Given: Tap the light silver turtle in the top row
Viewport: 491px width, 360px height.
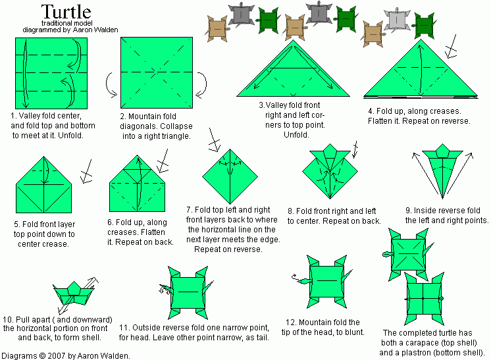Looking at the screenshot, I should click(396, 20).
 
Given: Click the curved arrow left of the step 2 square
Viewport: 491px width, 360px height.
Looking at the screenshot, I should click(109, 83).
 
